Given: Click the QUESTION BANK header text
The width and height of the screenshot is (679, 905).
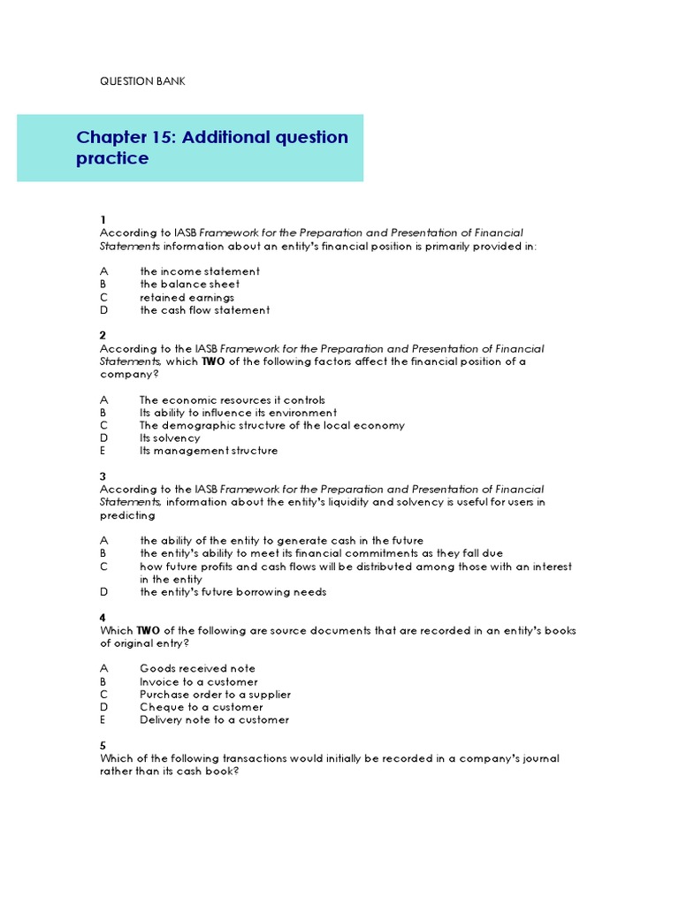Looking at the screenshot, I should [142, 81].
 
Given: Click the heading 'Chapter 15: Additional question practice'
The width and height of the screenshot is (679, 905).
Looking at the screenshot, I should [212, 148].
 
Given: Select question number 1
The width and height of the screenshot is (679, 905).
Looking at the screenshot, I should [103, 220].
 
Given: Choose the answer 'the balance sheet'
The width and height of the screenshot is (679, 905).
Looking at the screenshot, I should [189, 285].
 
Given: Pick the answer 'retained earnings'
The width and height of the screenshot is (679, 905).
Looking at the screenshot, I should [187, 298].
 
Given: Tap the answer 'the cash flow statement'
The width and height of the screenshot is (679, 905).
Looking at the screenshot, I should [204, 310].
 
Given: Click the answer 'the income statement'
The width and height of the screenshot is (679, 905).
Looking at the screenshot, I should [200, 271].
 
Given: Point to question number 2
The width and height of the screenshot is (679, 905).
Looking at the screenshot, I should [103, 336].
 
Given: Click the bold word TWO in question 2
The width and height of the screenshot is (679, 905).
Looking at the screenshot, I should [213, 361].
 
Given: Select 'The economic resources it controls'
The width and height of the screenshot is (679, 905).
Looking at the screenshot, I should [233, 400].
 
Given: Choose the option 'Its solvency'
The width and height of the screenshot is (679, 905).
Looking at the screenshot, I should [170, 438].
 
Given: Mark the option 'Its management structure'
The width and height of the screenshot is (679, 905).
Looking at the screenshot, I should [209, 451].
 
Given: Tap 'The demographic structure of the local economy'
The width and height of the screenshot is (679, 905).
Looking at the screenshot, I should [272, 425].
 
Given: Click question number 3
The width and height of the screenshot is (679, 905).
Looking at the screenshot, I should [103, 476].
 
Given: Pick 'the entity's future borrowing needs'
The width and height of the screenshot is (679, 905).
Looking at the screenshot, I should [233, 592].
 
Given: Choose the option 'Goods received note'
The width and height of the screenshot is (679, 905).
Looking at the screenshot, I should [197, 669].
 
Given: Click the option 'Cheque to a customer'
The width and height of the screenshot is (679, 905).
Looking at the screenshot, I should [201, 707].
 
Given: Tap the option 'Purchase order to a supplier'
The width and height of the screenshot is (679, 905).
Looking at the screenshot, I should [215, 695].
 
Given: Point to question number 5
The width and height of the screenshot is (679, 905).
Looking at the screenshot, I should [103, 746].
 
